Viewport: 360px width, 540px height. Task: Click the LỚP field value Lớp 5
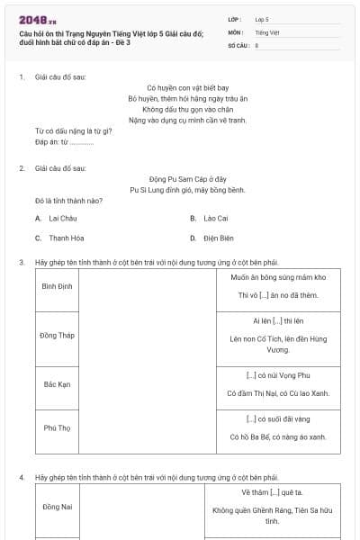(263, 19)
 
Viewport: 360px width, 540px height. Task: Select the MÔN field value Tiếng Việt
(267, 31)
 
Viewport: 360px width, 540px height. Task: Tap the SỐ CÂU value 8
(257, 44)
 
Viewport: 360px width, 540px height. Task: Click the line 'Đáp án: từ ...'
(64, 142)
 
